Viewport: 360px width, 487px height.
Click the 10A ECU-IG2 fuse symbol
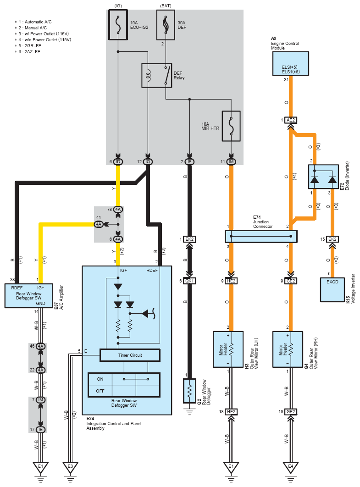click(118, 25)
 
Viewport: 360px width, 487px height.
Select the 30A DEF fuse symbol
click(166, 25)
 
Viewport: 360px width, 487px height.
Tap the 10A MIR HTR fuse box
click(231, 126)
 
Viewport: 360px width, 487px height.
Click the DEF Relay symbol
click(156, 76)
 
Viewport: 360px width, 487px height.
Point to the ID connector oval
click(118, 162)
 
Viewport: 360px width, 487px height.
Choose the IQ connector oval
click(148, 162)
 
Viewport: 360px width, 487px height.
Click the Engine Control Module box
click(291, 64)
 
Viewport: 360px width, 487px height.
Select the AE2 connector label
click(291, 120)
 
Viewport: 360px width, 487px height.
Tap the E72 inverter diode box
click(323, 177)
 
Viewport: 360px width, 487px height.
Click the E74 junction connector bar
click(261, 236)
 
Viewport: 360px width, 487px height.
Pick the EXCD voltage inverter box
click(332, 290)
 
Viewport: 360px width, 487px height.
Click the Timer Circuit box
click(130, 355)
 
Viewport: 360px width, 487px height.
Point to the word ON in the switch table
click(100, 379)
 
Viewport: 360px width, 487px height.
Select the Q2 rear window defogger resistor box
click(189, 391)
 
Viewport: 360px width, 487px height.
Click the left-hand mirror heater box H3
click(228, 349)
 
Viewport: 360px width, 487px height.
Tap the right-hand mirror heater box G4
click(288, 349)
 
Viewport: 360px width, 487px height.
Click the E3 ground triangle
click(71, 467)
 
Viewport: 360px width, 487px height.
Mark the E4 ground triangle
click(291, 467)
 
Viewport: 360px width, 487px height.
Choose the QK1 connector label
click(189, 281)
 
